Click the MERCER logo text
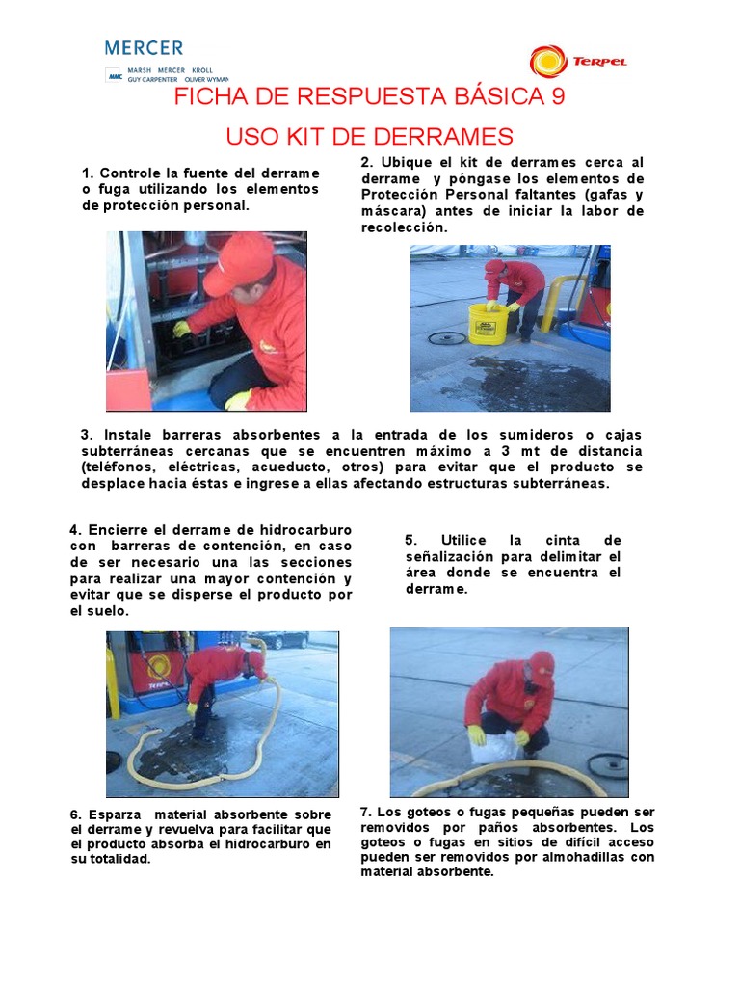click(144, 47)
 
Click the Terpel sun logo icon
click(548, 61)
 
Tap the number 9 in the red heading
click(556, 97)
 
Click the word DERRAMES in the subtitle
click(449, 136)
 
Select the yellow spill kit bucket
click(488, 324)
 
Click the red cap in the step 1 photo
click(236, 261)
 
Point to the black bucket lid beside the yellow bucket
click(447, 337)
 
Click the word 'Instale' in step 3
click(131, 435)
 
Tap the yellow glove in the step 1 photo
click(181, 329)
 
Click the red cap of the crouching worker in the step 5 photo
click(542, 664)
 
